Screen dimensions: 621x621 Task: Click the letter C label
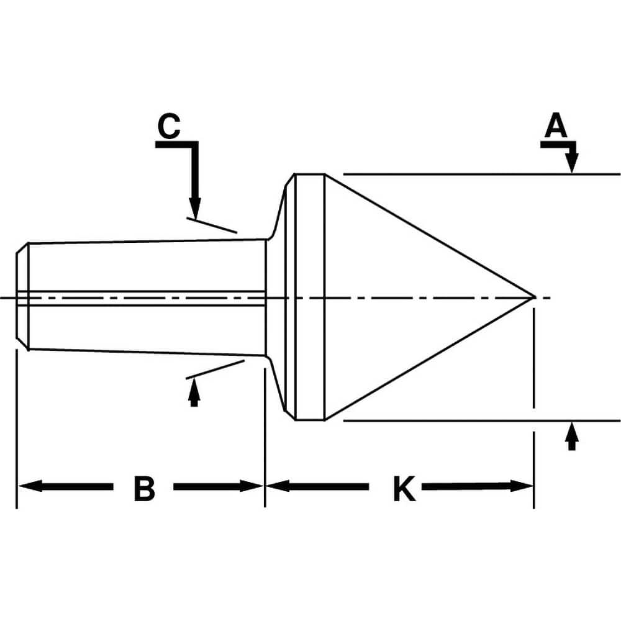tap(168, 127)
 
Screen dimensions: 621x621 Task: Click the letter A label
tap(556, 127)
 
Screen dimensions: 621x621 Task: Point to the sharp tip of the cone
tap(533, 297)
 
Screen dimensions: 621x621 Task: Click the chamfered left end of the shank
tap(22, 297)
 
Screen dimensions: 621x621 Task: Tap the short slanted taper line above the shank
tap(212, 225)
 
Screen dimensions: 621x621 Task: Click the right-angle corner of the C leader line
tap(195, 145)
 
